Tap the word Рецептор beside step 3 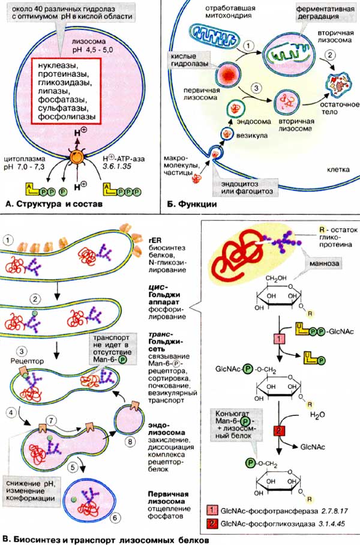click(23, 363)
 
